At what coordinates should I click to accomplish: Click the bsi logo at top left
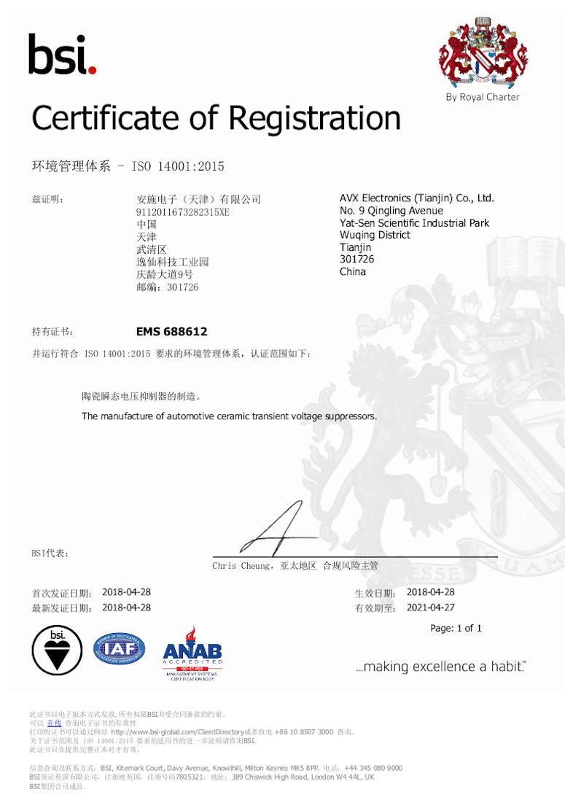point(62,54)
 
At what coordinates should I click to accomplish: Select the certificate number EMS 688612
point(171,332)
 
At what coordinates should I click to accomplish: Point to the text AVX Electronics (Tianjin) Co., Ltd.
point(416,198)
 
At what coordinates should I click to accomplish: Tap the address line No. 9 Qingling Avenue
point(391,211)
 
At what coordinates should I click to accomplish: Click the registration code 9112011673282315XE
point(182,212)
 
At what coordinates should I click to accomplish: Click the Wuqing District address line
point(375,235)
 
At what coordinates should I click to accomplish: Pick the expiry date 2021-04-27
point(430,607)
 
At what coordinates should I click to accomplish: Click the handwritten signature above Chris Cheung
point(277,529)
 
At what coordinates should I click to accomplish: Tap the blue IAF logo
point(119,648)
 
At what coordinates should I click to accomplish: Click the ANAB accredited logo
point(192,653)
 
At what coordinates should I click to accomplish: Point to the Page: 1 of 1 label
point(456,628)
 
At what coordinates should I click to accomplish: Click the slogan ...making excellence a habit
point(440,667)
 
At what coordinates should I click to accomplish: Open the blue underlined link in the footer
point(54,723)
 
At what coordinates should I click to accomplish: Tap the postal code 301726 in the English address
point(353,260)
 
